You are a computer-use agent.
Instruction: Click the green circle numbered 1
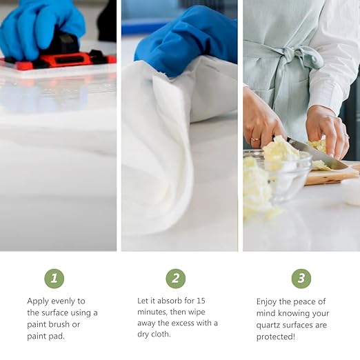[x=54, y=279]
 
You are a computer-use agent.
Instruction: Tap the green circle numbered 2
[x=176, y=279]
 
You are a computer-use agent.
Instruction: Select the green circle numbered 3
[x=301, y=279]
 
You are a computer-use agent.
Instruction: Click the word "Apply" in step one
[x=38, y=301]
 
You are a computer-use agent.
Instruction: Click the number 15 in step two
[x=201, y=301]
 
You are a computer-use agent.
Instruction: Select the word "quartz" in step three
[x=268, y=326]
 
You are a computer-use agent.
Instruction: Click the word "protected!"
[x=276, y=337]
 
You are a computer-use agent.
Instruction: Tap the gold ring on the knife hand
[x=255, y=139]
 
